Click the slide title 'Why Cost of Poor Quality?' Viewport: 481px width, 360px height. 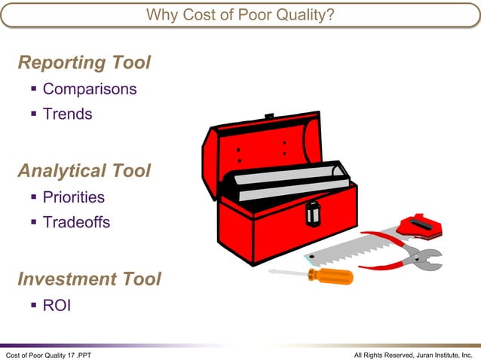pos(240,14)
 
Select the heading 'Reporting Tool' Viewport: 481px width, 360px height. pos(84,63)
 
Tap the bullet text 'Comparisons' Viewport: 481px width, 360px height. pos(89,89)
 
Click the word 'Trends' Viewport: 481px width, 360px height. pos(67,114)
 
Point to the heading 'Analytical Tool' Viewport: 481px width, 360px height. pos(84,171)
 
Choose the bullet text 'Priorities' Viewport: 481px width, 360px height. pos(73,197)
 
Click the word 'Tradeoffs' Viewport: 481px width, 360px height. pos(76,222)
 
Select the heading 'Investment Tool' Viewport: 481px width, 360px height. pos(89,279)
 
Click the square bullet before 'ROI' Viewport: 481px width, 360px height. pos(34,305)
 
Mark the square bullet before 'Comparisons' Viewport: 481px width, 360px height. pos(34,89)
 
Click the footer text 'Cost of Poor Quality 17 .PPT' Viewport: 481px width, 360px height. pos(48,354)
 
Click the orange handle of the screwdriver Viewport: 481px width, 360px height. pos(331,276)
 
